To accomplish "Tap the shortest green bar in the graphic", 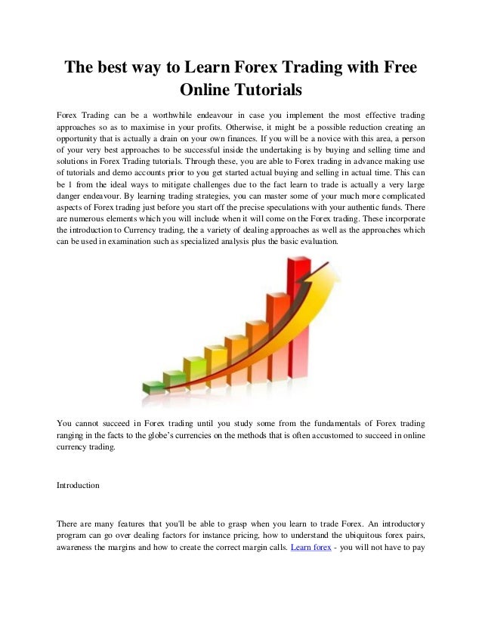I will [155, 388].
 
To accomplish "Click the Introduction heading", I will [78, 485].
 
